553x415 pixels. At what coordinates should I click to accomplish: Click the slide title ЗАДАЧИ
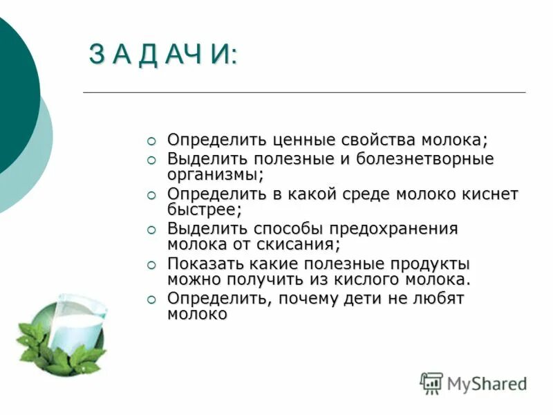click(x=162, y=55)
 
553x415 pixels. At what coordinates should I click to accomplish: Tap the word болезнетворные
click(x=425, y=159)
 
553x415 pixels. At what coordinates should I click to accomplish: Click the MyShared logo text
click(x=487, y=384)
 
